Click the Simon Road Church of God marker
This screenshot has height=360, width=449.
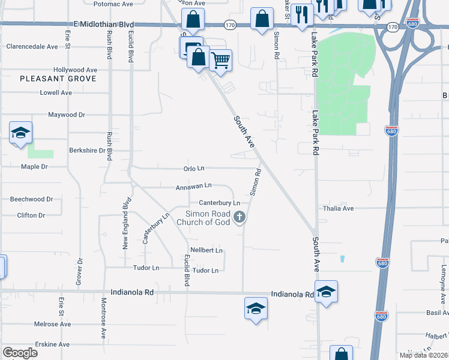coord(240,217)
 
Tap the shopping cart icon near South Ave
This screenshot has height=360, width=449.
coord(221,59)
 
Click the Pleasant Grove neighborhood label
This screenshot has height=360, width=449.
coord(58,79)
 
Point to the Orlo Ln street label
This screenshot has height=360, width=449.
coord(194,169)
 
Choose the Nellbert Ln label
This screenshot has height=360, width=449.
coord(206,250)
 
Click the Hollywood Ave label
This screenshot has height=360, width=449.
coord(75,70)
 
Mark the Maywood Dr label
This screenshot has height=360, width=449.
coord(67,115)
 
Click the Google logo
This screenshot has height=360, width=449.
coord(20,353)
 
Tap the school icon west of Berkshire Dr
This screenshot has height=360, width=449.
coord(20,133)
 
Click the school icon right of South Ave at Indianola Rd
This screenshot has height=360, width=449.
coord(326,292)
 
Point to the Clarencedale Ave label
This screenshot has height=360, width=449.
coord(32,46)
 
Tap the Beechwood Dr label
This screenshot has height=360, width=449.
coord(32,199)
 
